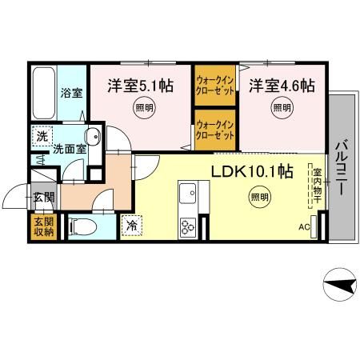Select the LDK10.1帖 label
tap(251, 170)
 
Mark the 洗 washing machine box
tap(40, 136)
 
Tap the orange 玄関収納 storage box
tap(43, 226)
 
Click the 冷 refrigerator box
tap(131, 226)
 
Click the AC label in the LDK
tap(304, 227)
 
